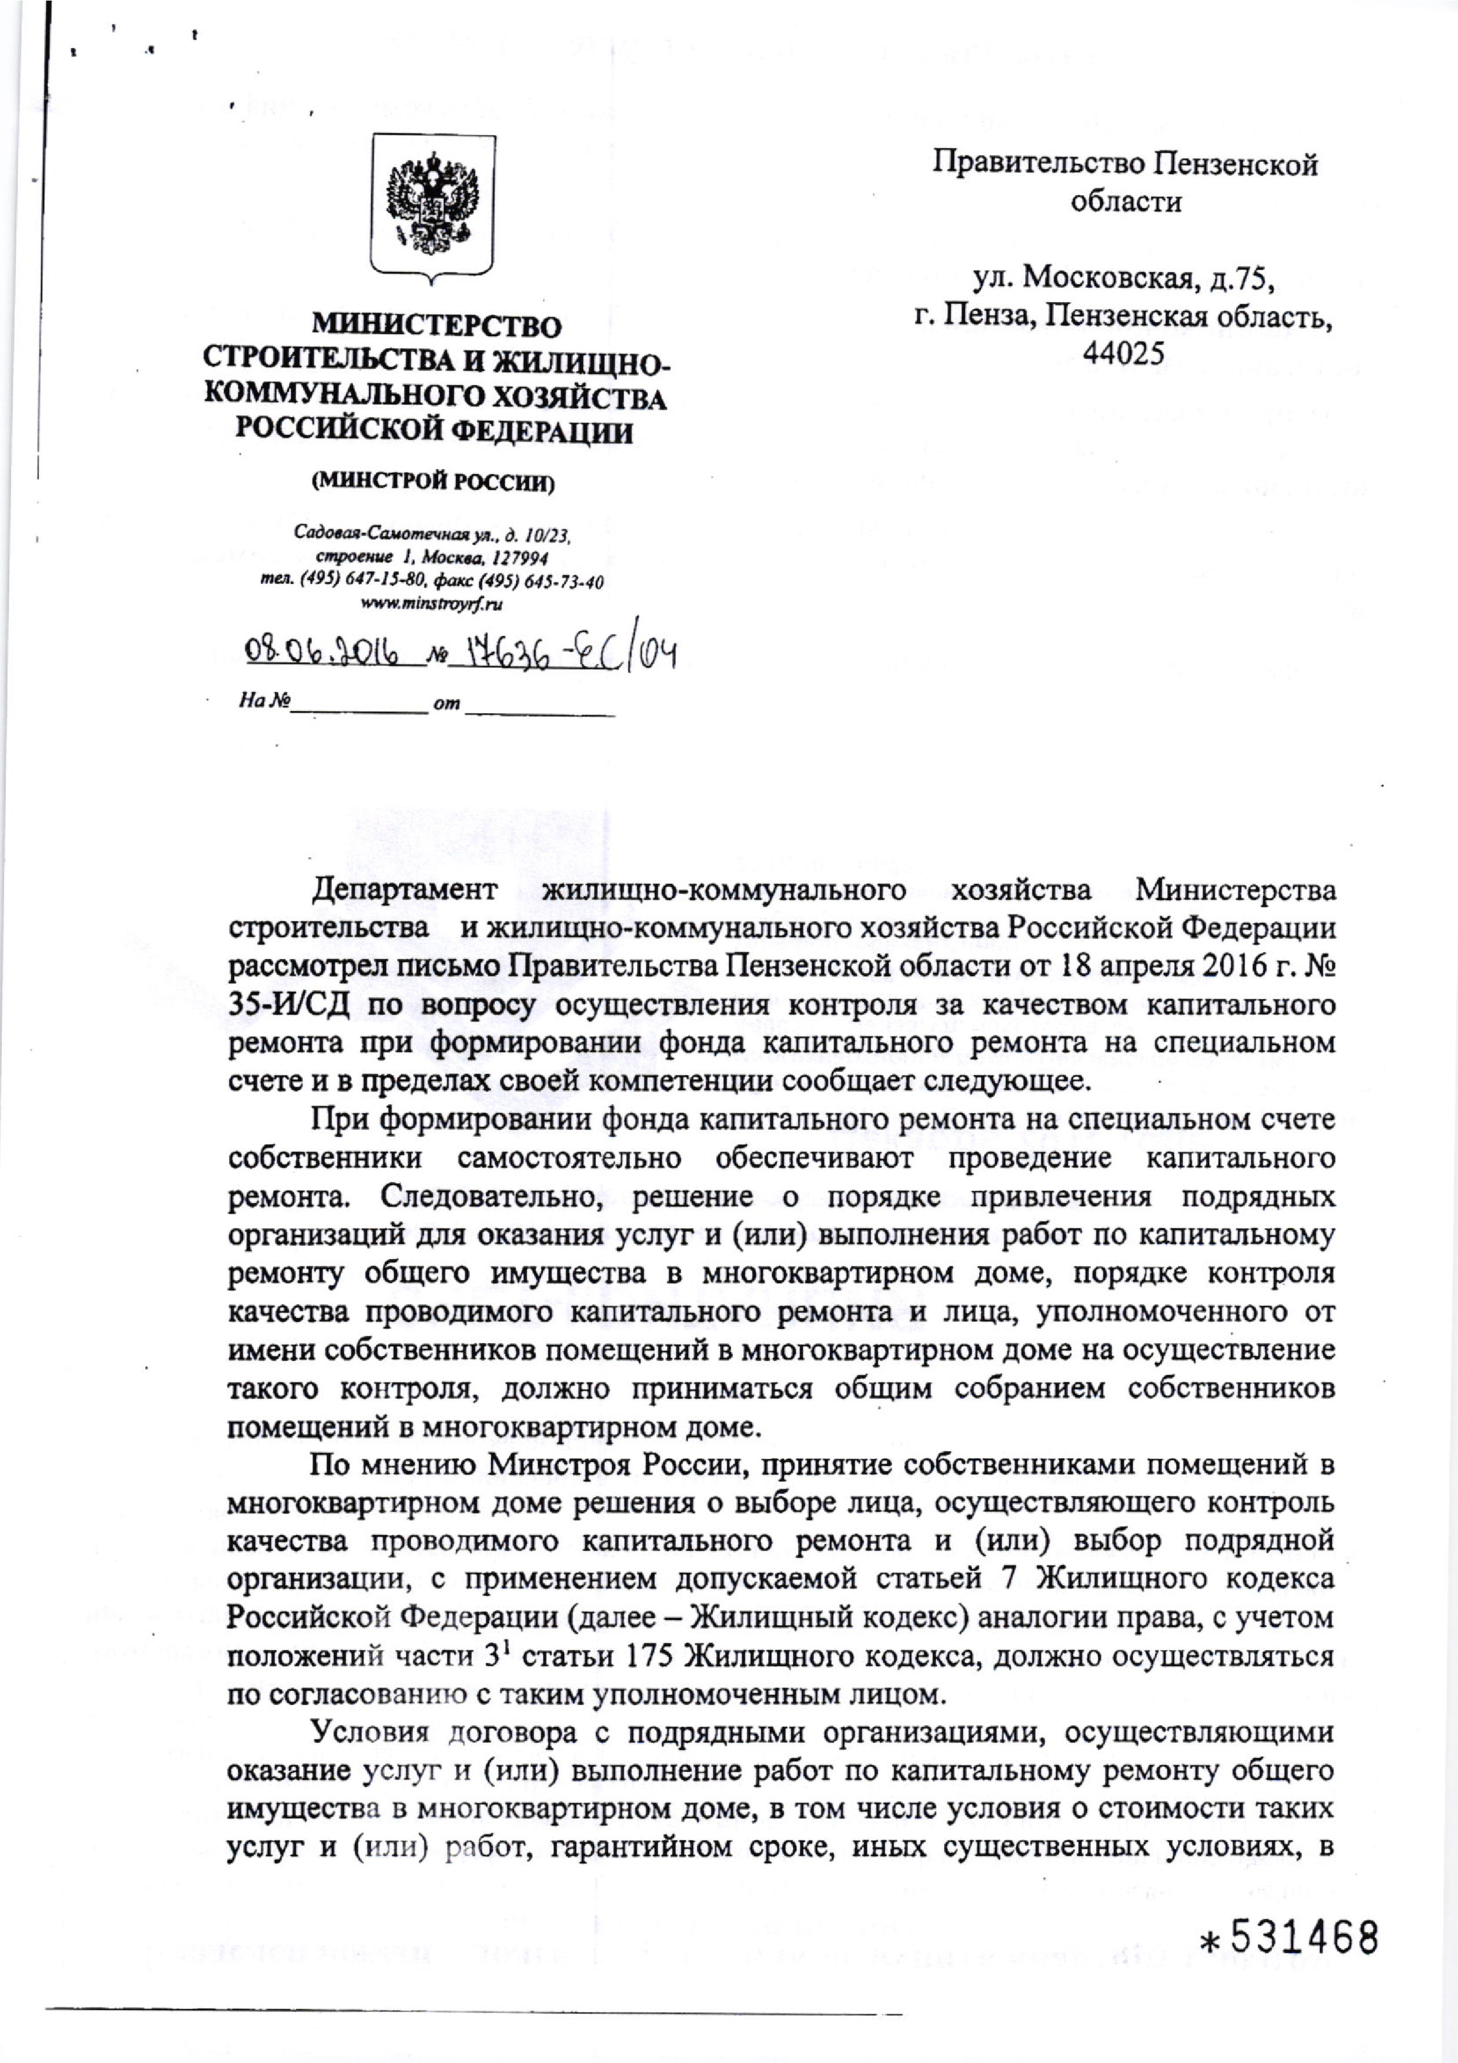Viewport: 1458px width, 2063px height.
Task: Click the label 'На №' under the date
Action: [263, 702]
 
